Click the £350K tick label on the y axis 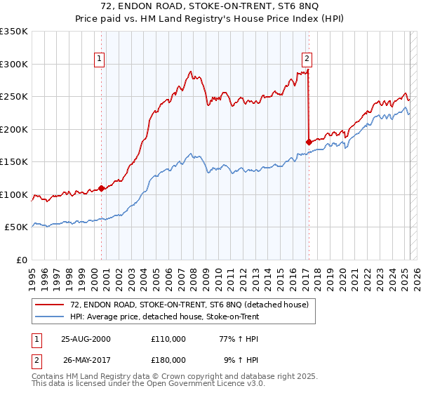tap(14, 32)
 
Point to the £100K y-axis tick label tap(14, 194)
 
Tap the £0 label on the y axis tap(22, 260)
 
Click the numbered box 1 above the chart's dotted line tap(100, 59)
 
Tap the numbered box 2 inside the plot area tap(307, 59)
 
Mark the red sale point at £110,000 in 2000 tap(102, 188)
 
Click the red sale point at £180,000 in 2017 tap(309, 142)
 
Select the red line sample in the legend tap(50, 305)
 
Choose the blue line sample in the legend tap(50, 317)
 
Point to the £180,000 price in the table tap(168, 360)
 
